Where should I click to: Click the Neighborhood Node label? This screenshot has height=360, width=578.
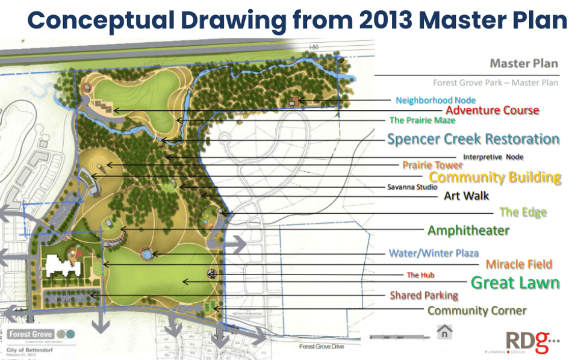click(435, 100)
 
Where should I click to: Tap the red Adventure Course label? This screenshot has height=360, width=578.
click(492, 110)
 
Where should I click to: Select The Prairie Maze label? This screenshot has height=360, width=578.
click(421, 120)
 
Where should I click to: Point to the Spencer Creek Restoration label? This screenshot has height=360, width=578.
click(473, 139)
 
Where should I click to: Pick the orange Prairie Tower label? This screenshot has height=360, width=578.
click(432, 165)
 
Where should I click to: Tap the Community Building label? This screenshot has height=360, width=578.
click(495, 178)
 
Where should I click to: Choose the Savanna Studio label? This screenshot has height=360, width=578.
click(412, 187)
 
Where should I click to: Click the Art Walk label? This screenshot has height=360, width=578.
click(466, 196)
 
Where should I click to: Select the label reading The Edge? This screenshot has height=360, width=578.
click(523, 213)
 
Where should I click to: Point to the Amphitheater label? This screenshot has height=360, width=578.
click(468, 231)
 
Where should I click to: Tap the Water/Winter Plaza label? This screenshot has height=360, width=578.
click(433, 253)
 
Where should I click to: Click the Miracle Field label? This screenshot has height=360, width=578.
click(518, 264)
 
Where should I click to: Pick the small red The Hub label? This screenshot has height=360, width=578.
click(420, 275)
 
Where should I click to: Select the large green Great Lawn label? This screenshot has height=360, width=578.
click(515, 282)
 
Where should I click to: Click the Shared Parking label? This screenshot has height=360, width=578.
click(424, 296)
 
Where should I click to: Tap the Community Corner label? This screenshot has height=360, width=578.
click(477, 311)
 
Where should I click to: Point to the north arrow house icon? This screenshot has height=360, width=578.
click(444, 331)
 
